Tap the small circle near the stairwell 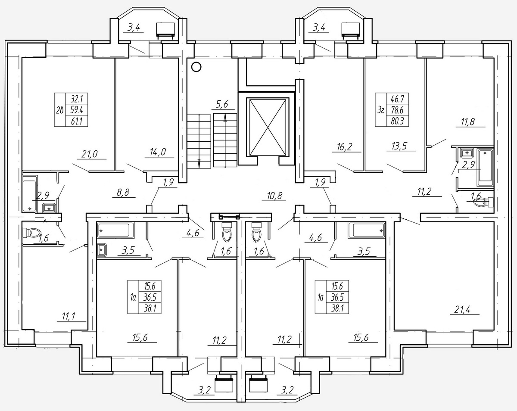point(196,67)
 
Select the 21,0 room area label point(89,154)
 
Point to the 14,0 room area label point(158,152)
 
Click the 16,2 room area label point(344,146)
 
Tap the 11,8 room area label point(467,121)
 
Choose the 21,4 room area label point(462,310)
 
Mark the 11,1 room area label point(69,316)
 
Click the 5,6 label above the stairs point(222,105)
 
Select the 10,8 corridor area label point(274,196)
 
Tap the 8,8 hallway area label point(123,193)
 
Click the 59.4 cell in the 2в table point(77,110)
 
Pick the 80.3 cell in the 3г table point(397,121)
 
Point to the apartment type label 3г point(380,110)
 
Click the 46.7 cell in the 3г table point(398,99)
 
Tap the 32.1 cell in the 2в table point(77,99)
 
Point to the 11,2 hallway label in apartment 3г point(424,191)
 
